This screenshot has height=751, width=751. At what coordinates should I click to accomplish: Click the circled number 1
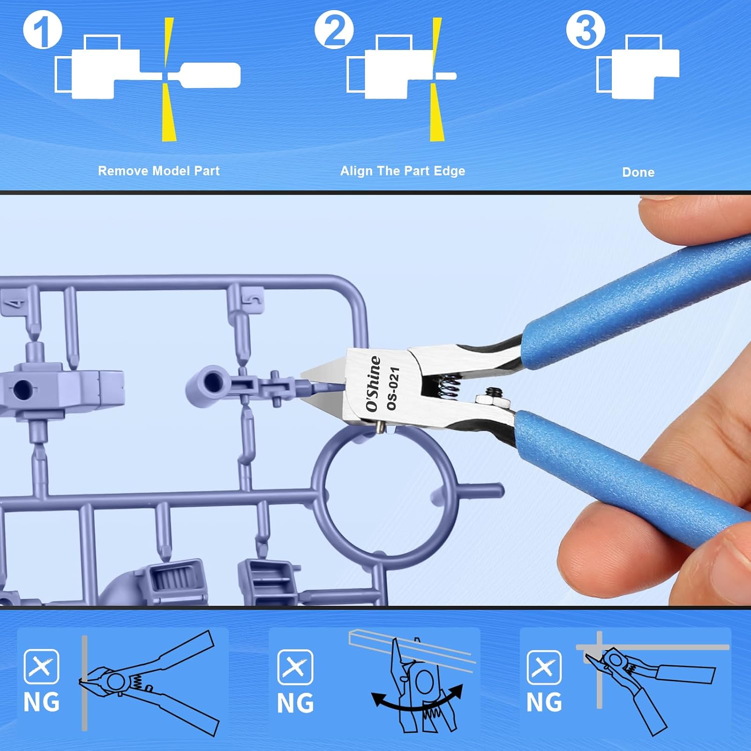click(x=43, y=31)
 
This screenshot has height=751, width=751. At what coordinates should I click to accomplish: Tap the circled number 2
click(x=334, y=31)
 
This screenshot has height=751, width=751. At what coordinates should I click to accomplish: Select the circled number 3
click(x=585, y=31)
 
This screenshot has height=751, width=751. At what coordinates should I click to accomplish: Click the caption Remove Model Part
click(x=159, y=171)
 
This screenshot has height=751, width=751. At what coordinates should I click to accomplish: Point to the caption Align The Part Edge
click(x=403, y=171)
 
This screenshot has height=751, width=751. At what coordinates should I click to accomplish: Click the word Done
click(x=638, y=172)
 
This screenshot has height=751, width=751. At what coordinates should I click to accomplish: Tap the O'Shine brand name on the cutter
click(x=373, y=384)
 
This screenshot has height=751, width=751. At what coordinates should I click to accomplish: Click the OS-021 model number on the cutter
click(x=393, y=389)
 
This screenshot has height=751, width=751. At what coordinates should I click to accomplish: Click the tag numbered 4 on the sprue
click(x=14, y=304)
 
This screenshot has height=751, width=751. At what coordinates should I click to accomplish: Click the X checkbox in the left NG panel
click(x=41, y=666)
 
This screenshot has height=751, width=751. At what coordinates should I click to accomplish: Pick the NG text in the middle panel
click(x=295, y=703)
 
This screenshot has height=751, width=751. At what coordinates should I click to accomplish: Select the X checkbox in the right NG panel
click(x=544, y=667)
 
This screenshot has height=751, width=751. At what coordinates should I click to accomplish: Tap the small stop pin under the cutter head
click(x=381, y=427)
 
